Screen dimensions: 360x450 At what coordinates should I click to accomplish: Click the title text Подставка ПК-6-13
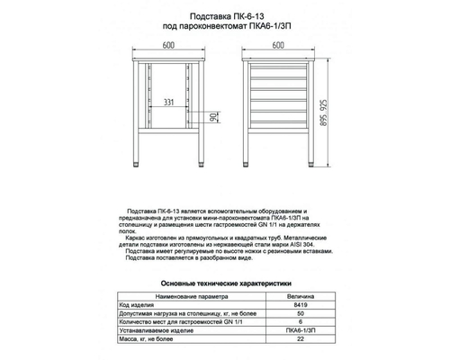[226, 15]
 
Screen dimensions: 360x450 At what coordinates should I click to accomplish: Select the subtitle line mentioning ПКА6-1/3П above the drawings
[226, 26]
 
